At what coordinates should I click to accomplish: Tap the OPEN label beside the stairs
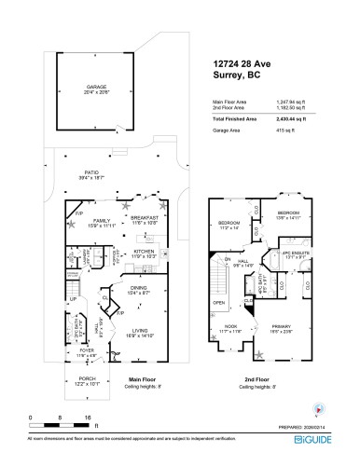coord(218,303)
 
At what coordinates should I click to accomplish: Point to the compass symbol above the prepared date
coord(322,407)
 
